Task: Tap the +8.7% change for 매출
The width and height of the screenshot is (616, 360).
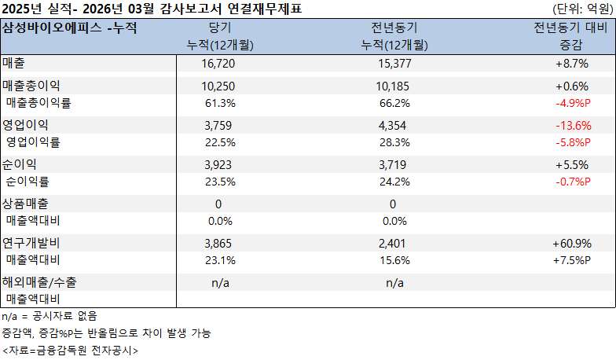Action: click(x=572, y=62)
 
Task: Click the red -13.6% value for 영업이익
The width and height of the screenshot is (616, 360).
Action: click(x=572, y=125)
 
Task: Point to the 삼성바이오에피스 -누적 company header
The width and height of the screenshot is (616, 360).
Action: click(x=70, y=28)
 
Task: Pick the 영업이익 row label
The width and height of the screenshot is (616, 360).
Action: click(x=26, y=125)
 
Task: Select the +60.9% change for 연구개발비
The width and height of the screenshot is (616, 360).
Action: click(x=572, y=244)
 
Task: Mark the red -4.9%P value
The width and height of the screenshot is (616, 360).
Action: click(x=572, y=102)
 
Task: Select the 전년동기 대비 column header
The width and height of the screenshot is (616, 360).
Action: click(x=570, y=28)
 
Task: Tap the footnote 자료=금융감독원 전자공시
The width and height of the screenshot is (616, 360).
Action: click(x=70, y=350)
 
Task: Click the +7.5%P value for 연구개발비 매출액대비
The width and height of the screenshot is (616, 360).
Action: click(x=572, y=260)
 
